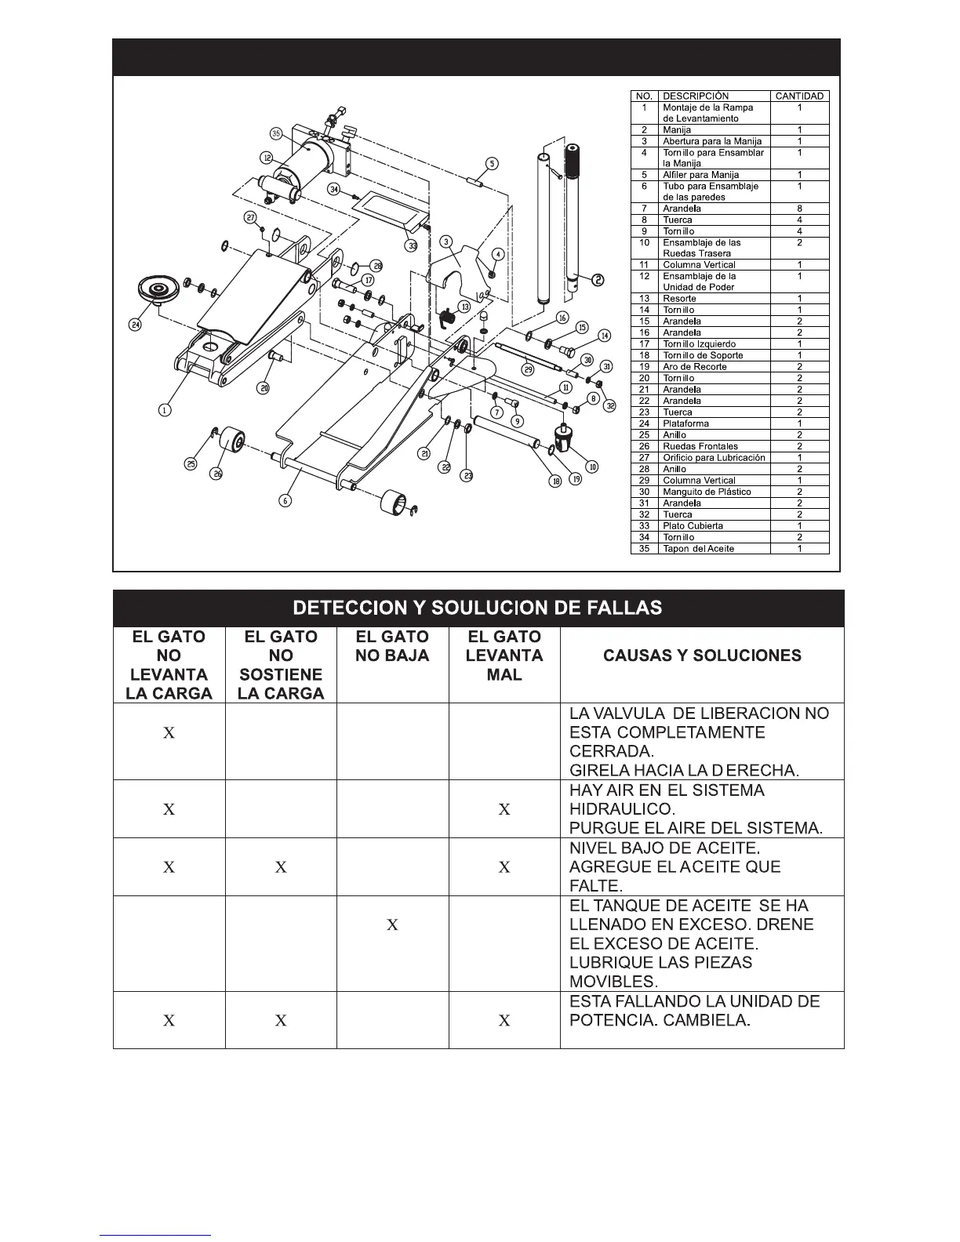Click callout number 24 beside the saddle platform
click(135, 325)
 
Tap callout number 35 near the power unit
click(276, 133)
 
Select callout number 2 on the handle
click(597, 279)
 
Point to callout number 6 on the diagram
click(285, 499)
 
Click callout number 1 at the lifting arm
click(165, 409)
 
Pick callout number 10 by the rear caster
click(592, 467)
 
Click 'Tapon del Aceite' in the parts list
click(698, 548)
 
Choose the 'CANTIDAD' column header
click(799, 96)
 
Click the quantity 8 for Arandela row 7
click(799, 209)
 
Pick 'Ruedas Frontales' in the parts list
click(700, 446)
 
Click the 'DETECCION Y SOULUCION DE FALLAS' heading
click(478, 608)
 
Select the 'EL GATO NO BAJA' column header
click(392, 646)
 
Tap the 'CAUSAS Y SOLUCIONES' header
click(702, 655)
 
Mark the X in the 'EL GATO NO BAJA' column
click(392, 925)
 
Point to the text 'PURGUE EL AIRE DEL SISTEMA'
click(696, 828)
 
